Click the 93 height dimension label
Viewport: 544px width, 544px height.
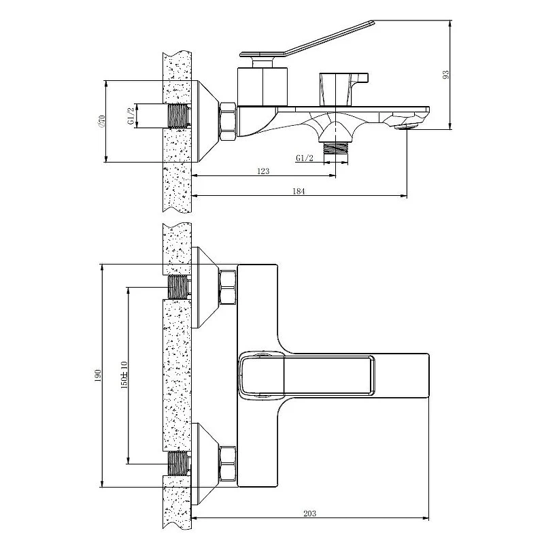pyautogui.click(x=446, y=75)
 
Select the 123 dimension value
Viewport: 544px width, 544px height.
pyautogui.click(x=263, y=171)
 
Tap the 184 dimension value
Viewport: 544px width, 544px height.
pyautogui.click(x=299, y=191)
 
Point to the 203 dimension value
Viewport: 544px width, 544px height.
pyautogui.click(x=310, y=513)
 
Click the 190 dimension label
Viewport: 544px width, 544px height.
pyautogui.click(x=97, y=376)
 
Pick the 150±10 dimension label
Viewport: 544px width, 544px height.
pyautogui.click(x=124, y=375)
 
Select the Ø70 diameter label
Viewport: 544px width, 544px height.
pyautogui.click(x=101, y=121)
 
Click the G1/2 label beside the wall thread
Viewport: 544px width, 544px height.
pyautogui.click(x=131, y=116)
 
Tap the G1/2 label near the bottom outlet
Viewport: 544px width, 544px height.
pyautogui.click(x=305, y=158)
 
